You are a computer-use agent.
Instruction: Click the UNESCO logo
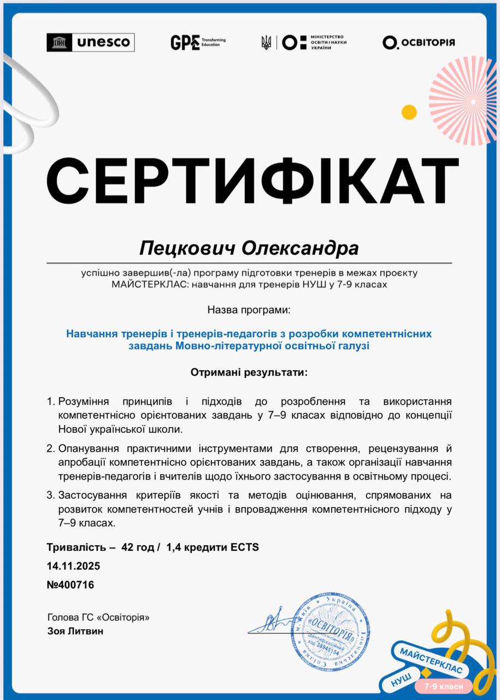(91, 42)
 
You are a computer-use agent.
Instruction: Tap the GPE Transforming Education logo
(197, 42)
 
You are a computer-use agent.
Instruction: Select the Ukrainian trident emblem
(266, 42)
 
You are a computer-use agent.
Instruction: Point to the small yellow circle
(409, 112)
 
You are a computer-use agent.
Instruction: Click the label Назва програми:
(249, 310)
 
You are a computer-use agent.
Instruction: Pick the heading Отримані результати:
(249, 372)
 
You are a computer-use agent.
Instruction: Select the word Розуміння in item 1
(85, 401)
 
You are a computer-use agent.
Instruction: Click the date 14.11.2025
(73, 565)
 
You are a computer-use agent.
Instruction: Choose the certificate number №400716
(70, 585)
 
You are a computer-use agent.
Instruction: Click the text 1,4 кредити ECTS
(213, 547)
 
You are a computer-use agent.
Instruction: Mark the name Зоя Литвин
(75, 631)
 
